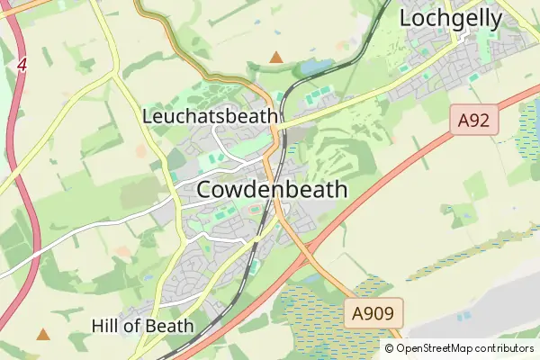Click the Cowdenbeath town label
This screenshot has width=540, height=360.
pos(271,190)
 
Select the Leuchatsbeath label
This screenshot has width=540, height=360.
pos(211,116)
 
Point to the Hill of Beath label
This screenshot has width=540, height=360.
pos(142,325)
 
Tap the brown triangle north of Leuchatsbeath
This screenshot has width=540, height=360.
pos(276,58)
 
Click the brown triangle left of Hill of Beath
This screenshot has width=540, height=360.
pos(42,334)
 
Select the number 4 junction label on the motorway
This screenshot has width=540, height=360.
pos(21,66)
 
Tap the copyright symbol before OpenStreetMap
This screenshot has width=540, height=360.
pos(390,348)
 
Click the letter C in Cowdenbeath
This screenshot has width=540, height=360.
pos(204,190)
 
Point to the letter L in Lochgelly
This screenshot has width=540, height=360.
pos(406,17)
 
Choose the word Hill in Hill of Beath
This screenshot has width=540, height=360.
pos(105,325)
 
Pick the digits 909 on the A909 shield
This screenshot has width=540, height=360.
pos(382,313)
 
